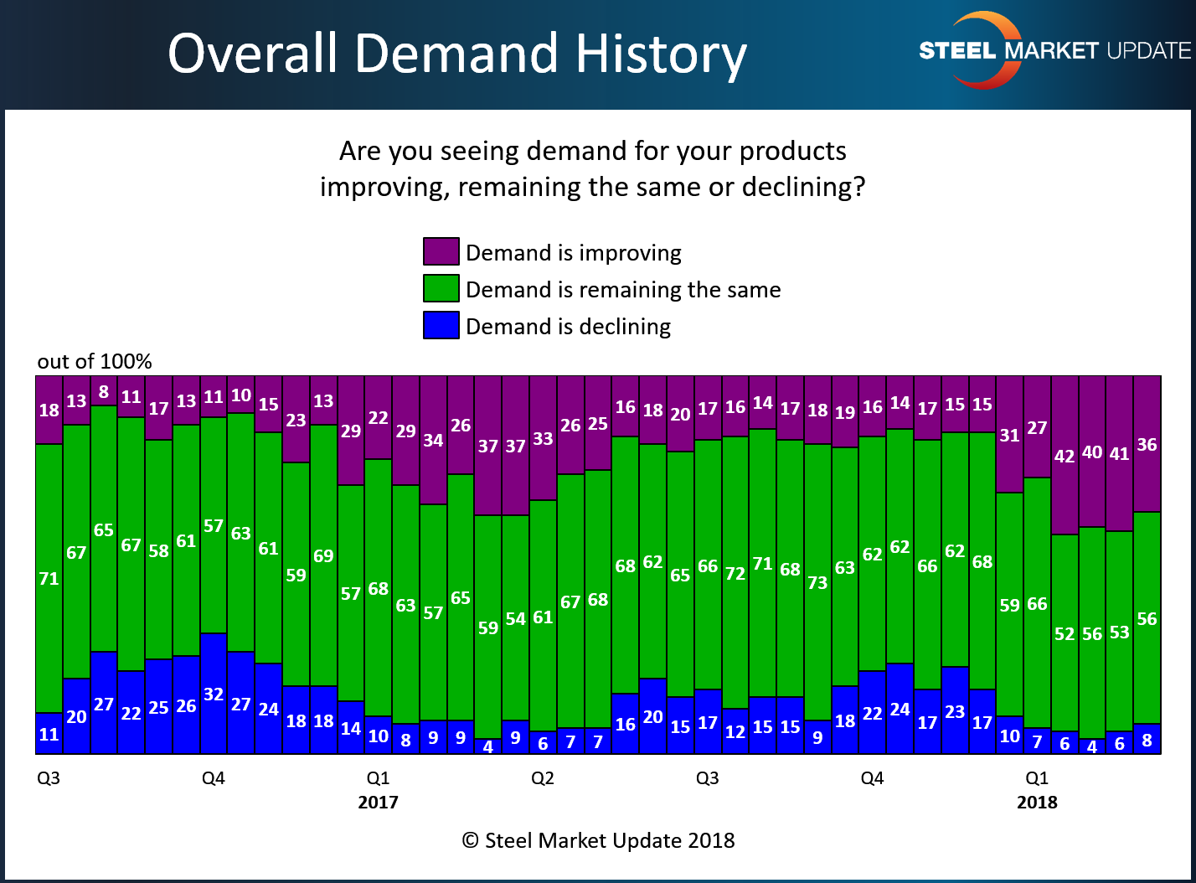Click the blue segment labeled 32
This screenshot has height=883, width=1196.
(x=214, y=694)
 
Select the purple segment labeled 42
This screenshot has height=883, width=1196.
(x=1065, y=456)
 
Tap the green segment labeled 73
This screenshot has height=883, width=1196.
(x=817, y=582)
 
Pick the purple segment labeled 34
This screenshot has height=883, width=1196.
(x=433, y=441)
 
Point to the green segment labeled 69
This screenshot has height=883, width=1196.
(x=323, y=555)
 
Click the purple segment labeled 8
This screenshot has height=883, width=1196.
(x=104, y=391)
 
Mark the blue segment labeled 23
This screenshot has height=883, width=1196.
(x=955, y=710)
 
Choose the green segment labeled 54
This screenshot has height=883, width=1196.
(x=515, y=618)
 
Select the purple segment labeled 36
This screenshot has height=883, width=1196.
(x=1147, y=444)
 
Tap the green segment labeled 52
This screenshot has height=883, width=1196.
(x=1065, y=633)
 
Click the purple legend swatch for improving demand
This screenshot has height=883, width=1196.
(x=441, y=252)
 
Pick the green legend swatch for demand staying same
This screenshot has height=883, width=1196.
(x=441, y=289)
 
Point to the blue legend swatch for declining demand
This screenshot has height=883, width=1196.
(x=441, y=326)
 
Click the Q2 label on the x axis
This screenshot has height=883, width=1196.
(x=543, y=778)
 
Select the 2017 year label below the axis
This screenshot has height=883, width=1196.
(x=378, y=803)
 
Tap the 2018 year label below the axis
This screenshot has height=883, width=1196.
(x=1037, y=803)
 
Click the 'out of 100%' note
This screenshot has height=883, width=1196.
(x=95, y=362)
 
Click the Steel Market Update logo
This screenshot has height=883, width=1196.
(x=1054, y=50)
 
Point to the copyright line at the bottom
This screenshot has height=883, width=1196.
(x=598, y=840)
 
